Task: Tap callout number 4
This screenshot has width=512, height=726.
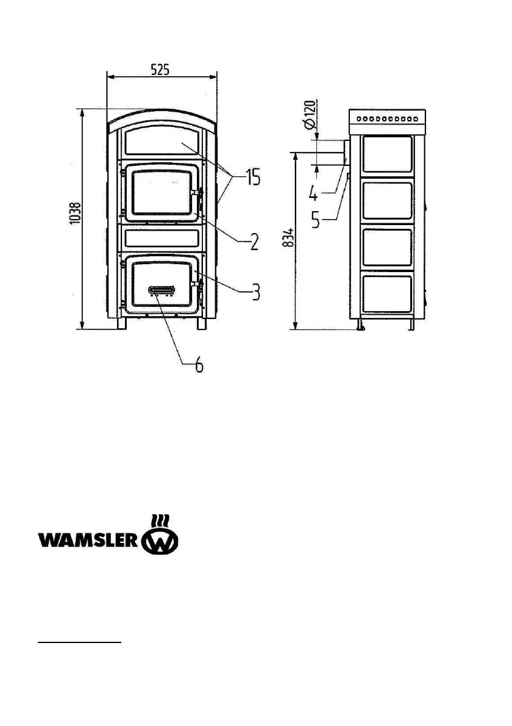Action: [312, 194]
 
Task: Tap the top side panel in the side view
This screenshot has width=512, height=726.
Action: [387, 154]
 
